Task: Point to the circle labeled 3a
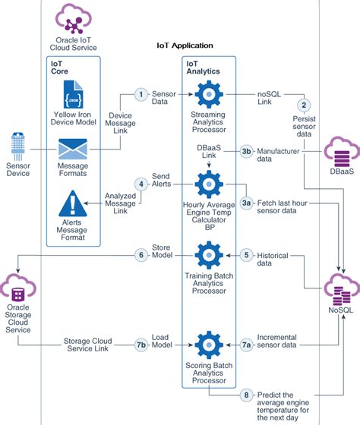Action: [246, 203]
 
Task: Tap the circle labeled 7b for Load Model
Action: [141, 344]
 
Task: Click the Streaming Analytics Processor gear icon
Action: [207, 95]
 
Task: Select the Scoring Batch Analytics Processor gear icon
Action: [207, 344]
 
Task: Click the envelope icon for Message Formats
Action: [73, 150]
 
